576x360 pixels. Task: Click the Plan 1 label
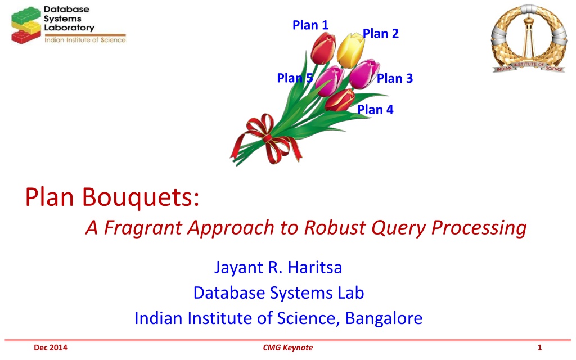(310, 25)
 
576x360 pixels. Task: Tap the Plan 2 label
(381, 34)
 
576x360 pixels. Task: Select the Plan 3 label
(395, 78)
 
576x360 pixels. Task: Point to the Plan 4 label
(375, 110)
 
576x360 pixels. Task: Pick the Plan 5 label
(295, 78)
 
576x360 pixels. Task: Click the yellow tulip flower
(351, 50)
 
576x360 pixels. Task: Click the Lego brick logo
(26, 25)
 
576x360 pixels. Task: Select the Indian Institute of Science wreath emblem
(528, 39)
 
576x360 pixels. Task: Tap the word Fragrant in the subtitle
(143, 228)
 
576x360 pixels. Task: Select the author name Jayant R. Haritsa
(278, 267)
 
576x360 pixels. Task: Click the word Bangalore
(384, 318)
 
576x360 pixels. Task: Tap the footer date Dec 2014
(51, 348)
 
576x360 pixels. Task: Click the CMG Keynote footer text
(287, 348)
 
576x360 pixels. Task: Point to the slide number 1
(539, 348)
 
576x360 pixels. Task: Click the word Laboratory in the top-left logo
(69, 28)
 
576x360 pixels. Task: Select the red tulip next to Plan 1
(323, 48)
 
